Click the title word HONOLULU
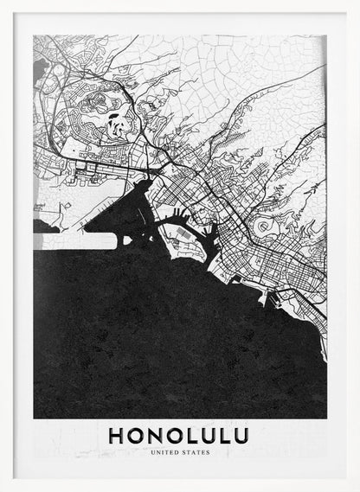click(x=179, y=435)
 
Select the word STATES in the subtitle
click(x=194, y=452)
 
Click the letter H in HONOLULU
click(x=117, y=435)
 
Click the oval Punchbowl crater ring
click(x=262, y=227)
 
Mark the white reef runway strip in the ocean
click(x=74, y=243)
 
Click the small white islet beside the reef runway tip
click(x=38, y=227)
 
